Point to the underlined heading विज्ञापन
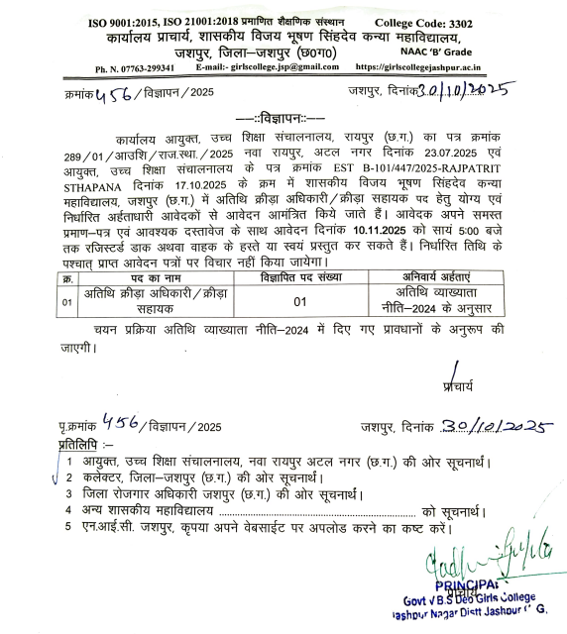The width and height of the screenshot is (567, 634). coord(283,117)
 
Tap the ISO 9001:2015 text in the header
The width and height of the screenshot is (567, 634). coord(124,22)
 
